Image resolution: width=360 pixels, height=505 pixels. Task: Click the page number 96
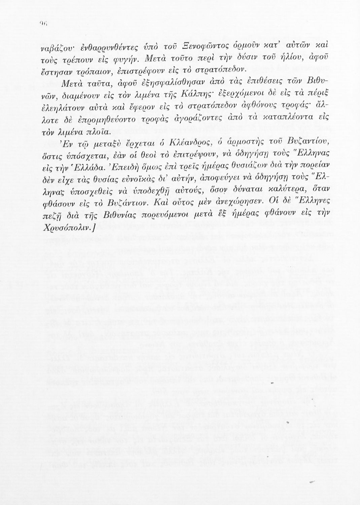pyautogui.click(x=43, y=32)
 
